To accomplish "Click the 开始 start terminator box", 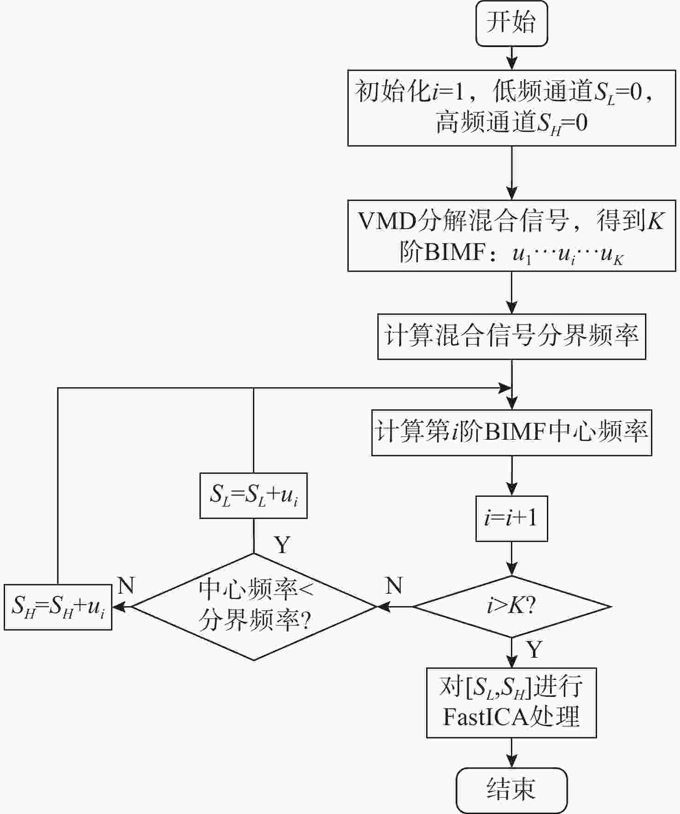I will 511,23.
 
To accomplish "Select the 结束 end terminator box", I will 511,790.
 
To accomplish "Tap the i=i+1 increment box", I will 511,518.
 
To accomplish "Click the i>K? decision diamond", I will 511,606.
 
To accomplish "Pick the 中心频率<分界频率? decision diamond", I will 254,606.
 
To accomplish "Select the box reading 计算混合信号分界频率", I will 511,336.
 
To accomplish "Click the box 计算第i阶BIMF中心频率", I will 511,432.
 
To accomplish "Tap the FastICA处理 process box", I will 511,702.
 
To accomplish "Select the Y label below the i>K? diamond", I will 534,650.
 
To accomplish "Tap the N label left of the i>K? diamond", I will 394,585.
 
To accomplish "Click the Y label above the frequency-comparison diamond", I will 282,545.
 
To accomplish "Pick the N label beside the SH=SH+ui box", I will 126,585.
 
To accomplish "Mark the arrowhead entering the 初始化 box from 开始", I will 511,64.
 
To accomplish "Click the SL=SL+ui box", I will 253,495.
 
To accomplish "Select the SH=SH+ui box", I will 58,607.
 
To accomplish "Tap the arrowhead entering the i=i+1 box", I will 511,490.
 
